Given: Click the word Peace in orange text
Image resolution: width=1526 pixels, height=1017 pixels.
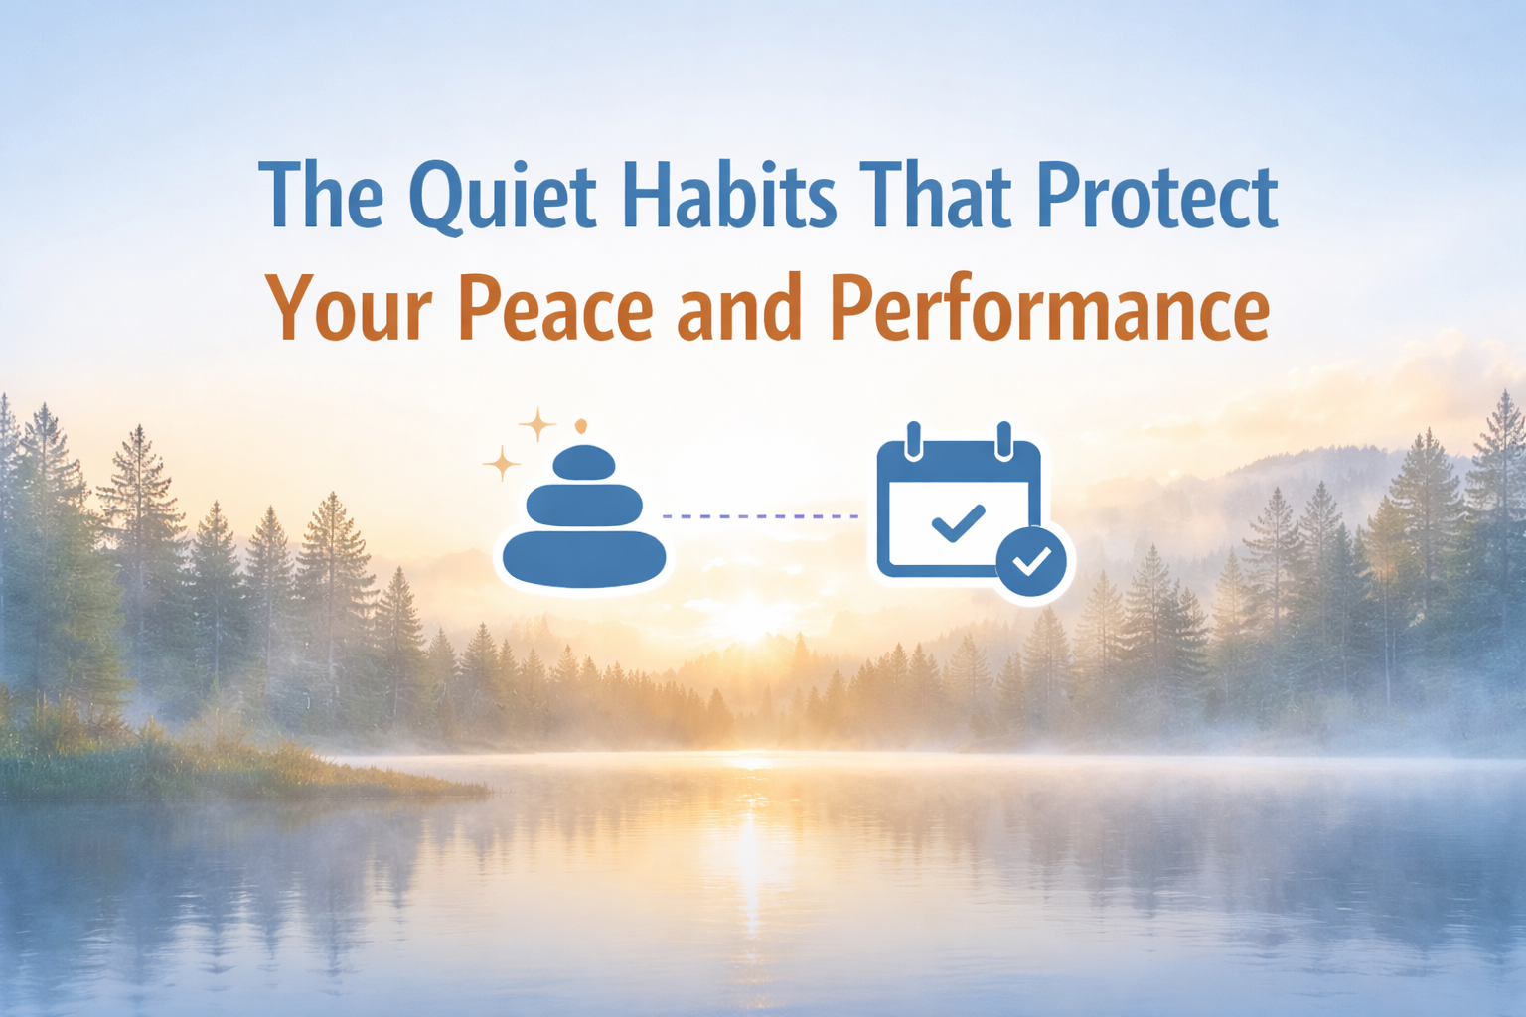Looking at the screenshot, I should [555, 308].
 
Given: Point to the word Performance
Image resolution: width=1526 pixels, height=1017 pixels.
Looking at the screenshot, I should [1049, 308].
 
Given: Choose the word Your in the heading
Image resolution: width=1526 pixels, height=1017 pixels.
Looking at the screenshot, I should [348, 308].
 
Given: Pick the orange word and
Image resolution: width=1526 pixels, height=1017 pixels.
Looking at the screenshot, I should [739, 308].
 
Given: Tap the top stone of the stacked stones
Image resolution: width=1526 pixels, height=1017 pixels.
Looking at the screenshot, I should [583, 462].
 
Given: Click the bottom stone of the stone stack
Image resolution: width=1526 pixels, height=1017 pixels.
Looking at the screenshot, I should [584, 558].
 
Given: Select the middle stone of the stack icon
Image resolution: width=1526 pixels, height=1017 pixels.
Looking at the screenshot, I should [584, 505].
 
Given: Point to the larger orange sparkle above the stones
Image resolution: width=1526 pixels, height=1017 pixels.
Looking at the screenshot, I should [537, 424].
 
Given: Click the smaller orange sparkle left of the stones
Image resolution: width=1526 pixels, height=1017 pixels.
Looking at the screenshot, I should [502, 464].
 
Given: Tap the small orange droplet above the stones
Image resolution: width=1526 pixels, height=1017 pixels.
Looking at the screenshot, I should [581, 426].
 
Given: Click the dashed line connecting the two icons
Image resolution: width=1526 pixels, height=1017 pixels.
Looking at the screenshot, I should [760, 516].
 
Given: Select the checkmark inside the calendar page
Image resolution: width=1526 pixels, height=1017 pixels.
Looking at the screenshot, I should [958, 522].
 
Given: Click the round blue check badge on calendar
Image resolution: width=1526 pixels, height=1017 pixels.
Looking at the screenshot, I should [1031, 562].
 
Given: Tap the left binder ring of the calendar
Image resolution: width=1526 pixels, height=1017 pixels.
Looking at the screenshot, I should [915, 440].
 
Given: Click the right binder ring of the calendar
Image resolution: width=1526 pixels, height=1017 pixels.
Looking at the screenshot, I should [1003, 440].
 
